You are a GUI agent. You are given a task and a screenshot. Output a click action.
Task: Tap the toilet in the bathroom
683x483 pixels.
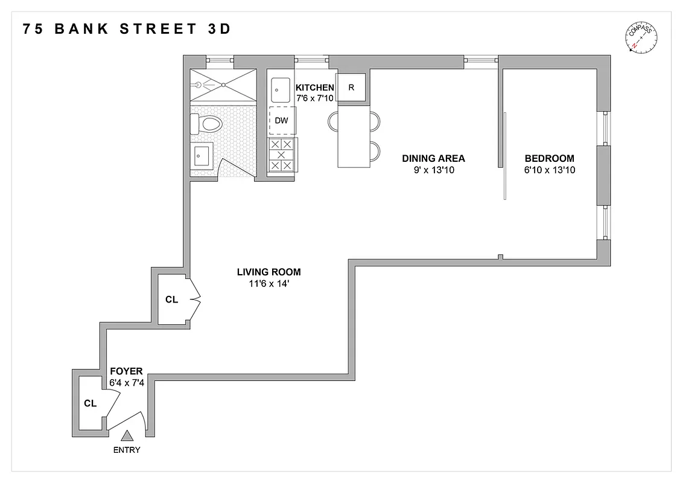click(x=207, y=125)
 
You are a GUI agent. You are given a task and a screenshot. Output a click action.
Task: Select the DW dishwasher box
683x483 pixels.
click(x=281, y=121)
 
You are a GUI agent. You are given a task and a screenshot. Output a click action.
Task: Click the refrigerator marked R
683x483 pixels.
click(x=351, y=88)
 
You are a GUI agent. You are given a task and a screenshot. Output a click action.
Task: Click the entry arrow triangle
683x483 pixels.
click(x=127, y=436)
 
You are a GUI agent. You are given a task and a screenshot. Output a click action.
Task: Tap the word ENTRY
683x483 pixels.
click(x=127, y=450)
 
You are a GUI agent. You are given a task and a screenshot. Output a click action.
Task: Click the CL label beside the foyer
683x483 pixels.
click(x=90, y=403)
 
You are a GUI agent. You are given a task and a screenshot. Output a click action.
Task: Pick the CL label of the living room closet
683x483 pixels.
click(x=171, y=299)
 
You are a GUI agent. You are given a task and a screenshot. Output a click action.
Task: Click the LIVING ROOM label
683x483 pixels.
click(x=268, y=272)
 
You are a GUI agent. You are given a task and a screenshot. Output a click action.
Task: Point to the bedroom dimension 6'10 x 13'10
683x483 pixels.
click(x=550, y=170)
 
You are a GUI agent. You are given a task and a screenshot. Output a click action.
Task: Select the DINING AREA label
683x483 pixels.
click(x=433, y=159)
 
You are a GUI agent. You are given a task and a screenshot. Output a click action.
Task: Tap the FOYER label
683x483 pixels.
click(x=126, y=371)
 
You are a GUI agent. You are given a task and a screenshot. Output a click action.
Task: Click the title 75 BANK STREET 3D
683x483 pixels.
click(x=127, y=29)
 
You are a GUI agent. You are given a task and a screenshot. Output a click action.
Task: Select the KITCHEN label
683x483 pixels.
click(x=314, y=88)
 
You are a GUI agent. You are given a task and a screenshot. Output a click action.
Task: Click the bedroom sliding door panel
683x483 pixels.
click(x=505, y=156)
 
